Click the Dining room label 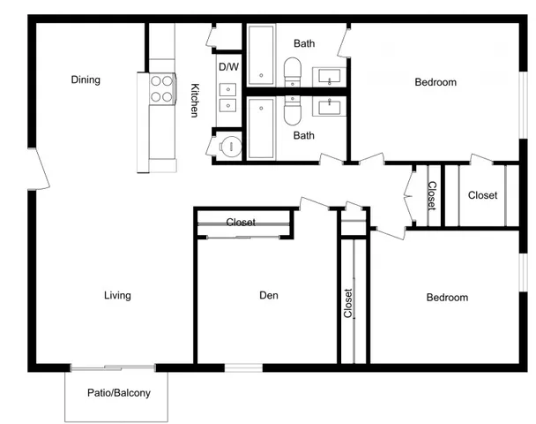tap(86, 79)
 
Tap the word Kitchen tap(195, 101)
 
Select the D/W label tap(228, 67)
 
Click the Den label tap(269, 295)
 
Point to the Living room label tap(117, 295)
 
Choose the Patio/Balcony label tap(119, 392)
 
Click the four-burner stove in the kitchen tap(161, 88)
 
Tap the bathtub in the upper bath tap(261, 55)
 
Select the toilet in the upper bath tap(293, 72)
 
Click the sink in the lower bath tap(329, 107)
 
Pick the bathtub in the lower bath tap(261, 128)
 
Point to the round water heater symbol tap(230, 147)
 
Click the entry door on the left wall tap(39, 169)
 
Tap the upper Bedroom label tap(435, 82)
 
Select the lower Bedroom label tap(447, 298)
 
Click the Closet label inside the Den tap(241, 223)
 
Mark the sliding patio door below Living tap(113, 368)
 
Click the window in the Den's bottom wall tap(243, 367)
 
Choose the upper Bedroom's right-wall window tap(524, 105)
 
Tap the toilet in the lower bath tap(293, 110)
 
